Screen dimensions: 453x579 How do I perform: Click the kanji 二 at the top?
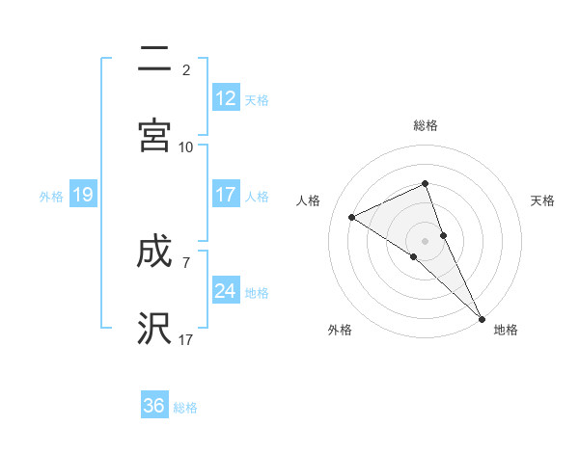click(x=154, y=60)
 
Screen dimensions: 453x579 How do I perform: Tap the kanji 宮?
click(x=154, y=134)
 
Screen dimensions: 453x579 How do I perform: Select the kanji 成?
click(x=154, y=253)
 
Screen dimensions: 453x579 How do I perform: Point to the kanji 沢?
click(x=154, y=329)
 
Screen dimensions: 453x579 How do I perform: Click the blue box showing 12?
click(x=226, y=97)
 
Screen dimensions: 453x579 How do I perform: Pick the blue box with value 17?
click(x=226, y=195)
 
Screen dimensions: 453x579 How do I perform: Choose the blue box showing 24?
click(x=226, y=290)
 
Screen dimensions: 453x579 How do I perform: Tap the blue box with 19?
click(x=83, y=195)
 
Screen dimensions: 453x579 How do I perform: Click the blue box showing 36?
click(x=154, y=406)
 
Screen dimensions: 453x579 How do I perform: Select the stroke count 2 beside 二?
click(x=186, y=70)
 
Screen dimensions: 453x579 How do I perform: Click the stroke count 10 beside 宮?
click(x=186, y=147)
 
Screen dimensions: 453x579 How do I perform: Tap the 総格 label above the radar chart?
click(x=426, y=125)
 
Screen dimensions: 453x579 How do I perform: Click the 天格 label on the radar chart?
click(x=542, y=200)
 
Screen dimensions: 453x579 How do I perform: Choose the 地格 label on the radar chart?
click(x=506, y=330)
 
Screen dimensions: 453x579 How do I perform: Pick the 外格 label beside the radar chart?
click(x=340, y=330)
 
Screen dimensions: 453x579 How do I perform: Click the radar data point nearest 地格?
click(x=482, y=317)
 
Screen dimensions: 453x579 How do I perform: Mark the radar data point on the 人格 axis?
click(x=352, y=217)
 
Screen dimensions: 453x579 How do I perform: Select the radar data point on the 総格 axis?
click(x=426, y=183)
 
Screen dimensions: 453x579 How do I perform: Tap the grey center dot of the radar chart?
click(x=426, y=240)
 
